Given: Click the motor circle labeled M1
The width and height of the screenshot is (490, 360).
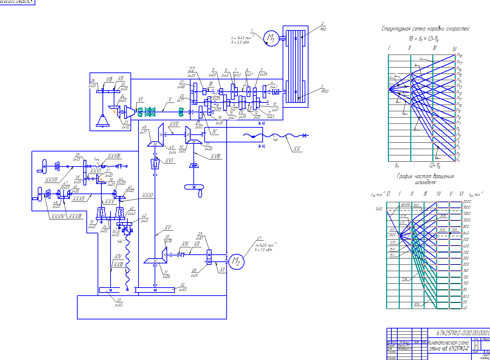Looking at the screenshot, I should click(x=271, y=38).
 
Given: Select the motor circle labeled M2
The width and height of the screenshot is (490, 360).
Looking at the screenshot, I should click(x=236, y=261).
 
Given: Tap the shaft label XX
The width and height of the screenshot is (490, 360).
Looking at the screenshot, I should click(x=297, y=149).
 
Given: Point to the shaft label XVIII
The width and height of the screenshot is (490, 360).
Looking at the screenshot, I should click(x=215, y=156).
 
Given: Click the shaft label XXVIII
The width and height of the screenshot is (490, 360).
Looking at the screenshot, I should click(x=114, y=156).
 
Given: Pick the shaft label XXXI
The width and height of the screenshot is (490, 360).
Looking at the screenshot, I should click(x=148, y=195).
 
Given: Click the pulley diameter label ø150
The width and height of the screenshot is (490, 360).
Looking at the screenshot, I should click(x=325, y=91).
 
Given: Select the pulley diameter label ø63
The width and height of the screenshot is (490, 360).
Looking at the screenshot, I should click(x=323, y=29).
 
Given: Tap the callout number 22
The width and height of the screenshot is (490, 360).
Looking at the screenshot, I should click(x=192, y=69).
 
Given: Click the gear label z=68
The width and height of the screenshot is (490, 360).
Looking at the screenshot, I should click(x=181, y=87).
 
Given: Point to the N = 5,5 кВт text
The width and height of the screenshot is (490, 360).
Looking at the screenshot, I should click(x=240, y=42).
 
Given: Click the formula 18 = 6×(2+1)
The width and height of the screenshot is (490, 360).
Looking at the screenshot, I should click(x=424, y=39).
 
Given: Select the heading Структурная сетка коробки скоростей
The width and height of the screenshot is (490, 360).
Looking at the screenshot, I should click(x=425, y=29).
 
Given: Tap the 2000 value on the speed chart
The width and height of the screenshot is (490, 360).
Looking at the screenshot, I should click(x=467, y=202).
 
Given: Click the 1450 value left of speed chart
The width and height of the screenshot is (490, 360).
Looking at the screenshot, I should click(x=379, y=209).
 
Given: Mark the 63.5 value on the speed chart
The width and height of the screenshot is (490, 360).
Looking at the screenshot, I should click(x=466, y=296).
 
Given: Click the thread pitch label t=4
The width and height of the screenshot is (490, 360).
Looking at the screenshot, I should click(x=97, y=159).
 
